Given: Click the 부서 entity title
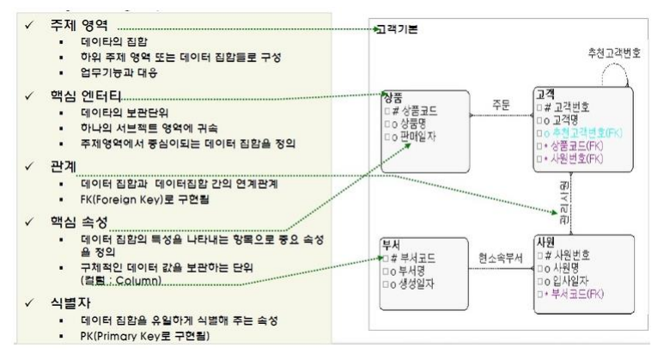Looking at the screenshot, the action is coord(393,243).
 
